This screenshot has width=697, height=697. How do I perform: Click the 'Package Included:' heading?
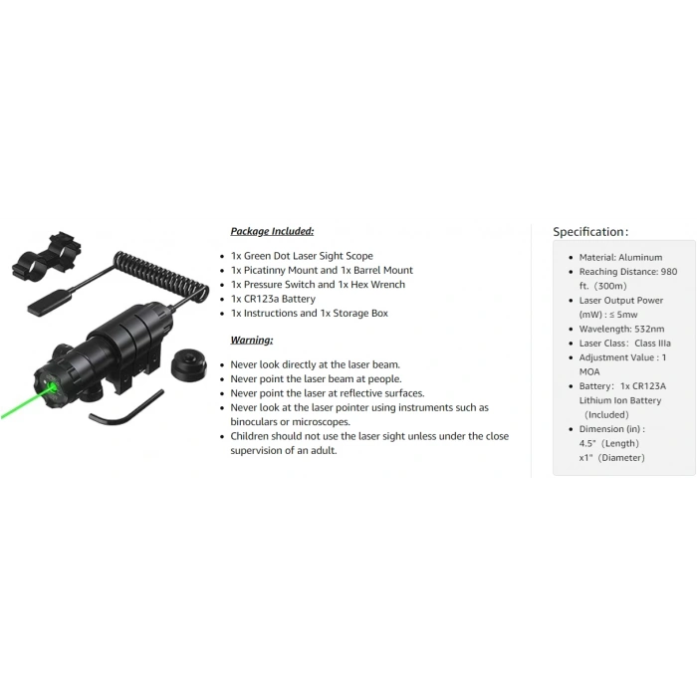coord(272,232)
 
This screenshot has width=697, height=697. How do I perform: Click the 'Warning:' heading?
coord(252,341)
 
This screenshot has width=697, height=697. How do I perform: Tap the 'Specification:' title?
coord(590,232)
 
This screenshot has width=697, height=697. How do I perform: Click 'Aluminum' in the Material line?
coord(640,257)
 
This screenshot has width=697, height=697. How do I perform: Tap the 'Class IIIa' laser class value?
coord(652,344)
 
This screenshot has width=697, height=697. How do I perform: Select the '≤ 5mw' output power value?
coord(623,315)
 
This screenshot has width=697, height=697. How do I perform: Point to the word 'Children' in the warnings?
coord(249,436)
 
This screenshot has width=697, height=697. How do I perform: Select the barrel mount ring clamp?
coord(47,257)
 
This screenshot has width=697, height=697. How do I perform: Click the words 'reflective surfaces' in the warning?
coord(381,393)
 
